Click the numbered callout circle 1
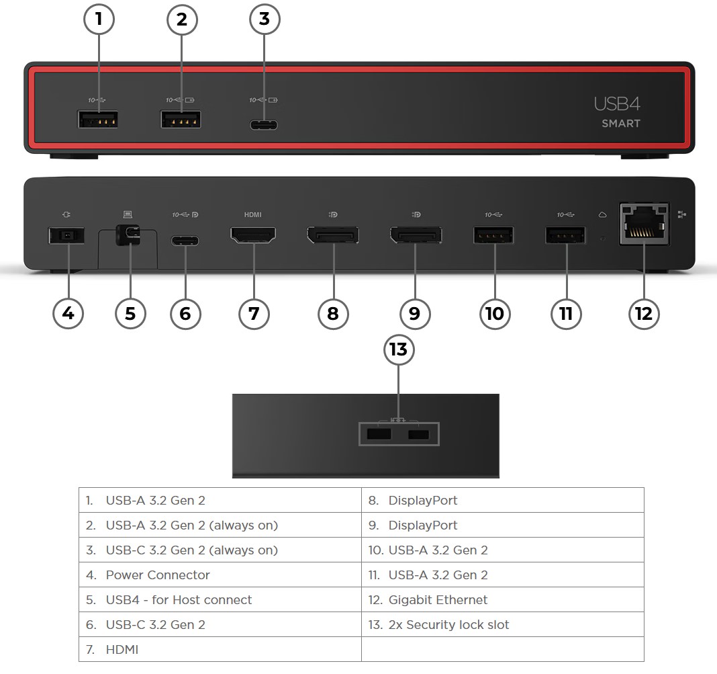coord(99,19)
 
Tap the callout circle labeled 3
coord(265,19)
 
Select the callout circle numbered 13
coord(399,350)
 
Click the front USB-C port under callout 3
coord(264,124)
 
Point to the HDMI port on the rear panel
coord(253,236)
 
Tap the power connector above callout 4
coord(66,236)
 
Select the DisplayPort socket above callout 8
coord(333,237)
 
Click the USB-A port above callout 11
coord(565,236)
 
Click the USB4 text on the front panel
coord(616,103)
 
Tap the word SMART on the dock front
coord(620,124)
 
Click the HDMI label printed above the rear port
coord(252,215)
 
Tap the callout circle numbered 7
coord(254,313)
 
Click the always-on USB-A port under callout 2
coord(181,120)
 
